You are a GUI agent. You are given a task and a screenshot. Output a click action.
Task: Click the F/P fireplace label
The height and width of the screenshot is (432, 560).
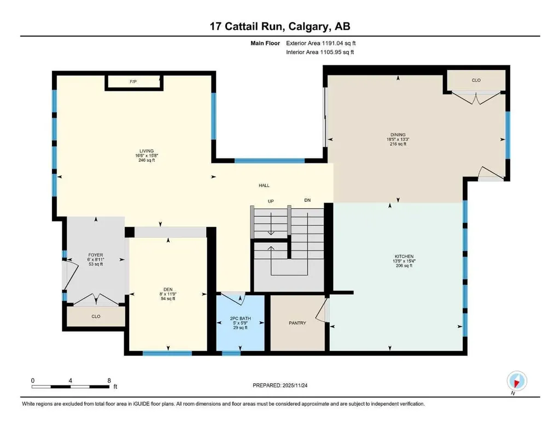pos(133,82)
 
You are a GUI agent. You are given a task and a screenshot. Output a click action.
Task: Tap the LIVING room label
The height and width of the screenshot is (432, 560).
pos(147,151)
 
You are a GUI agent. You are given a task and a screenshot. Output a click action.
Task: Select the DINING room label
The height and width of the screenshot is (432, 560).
pos(398,135)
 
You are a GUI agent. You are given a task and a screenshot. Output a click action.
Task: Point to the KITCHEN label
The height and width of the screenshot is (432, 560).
pos(404,256)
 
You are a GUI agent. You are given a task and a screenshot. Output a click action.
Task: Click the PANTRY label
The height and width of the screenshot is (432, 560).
pos(297,323)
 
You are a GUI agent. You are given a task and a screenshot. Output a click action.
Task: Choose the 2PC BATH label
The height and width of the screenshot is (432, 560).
pos(241,318)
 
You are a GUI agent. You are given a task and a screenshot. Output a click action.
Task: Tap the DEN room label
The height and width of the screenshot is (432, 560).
pos(168,289)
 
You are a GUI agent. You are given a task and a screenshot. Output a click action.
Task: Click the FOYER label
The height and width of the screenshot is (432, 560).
pos(96,255)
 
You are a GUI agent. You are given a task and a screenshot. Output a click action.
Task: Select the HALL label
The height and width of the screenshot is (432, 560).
pos(264,186)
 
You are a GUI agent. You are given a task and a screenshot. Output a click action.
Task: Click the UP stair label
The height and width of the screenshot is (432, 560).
pos(271,201)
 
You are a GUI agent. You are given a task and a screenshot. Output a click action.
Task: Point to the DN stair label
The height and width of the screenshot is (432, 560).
pos(307,200)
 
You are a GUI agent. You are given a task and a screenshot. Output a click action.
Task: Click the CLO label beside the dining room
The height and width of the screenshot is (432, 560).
pos(476,80)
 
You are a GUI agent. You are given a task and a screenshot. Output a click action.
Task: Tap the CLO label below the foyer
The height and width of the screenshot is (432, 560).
pos(96,317)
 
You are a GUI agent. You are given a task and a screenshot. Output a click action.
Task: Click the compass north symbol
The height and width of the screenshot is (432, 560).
pos(516,381)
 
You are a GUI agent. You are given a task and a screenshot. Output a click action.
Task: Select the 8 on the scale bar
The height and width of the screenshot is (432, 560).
pos(109,381)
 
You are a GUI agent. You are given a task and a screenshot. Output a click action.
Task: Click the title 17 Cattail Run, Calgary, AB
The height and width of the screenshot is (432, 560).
pos(280,26)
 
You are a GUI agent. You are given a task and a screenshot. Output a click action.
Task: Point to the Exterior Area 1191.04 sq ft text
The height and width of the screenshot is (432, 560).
pos(320,43)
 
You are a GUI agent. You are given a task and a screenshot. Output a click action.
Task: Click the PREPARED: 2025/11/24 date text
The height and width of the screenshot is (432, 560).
pos(280,386)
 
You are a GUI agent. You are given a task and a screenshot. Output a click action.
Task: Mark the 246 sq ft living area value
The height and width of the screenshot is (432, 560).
pos(147,160)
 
